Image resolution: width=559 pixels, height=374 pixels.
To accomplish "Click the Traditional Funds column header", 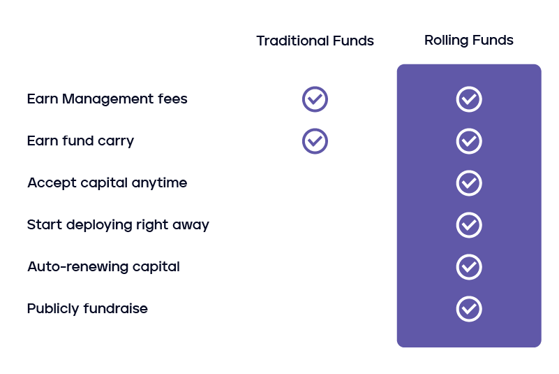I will pyautogui.click(x=315, y=41).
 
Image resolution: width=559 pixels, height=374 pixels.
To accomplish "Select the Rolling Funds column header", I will pyautogui.click(x=468, y=40).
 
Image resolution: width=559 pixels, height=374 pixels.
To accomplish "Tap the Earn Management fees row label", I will pyautogui.click(x=107, y=99).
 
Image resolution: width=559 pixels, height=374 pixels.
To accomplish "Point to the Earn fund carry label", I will pyautogui.click(x=80, y=141).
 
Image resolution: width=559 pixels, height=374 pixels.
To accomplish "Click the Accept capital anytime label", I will pyautogui.click(x=107, y=182).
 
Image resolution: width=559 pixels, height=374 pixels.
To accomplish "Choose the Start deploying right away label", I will pyautogui.click(x=118, y=224).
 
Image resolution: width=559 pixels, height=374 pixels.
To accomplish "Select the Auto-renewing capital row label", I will pyautogui.click(x=103, y=266).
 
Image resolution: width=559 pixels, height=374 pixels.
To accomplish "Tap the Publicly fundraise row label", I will pyautogui.click(x=87, y=308).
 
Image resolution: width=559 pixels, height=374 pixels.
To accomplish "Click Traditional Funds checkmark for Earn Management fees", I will pyautogui.click(x=315, y=99).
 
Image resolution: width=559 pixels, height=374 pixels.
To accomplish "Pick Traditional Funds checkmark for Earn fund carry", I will pyautogui.click(x=315, y=141).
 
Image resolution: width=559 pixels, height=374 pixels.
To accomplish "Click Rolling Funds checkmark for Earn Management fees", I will pyautogui.click(x=469, y=99).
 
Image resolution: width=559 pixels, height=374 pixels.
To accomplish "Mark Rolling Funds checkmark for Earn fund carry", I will pyautogui.click(x=469, y=141).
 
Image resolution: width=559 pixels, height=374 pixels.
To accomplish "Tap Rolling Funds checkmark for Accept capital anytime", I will pyautogui.click(x=469, y=183).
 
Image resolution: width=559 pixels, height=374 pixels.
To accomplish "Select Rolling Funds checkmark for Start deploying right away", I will pyautogui.click(x=469, y=225).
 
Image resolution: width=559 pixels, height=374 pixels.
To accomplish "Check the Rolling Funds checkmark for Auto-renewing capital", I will pyautogui.click(x=469, y=267).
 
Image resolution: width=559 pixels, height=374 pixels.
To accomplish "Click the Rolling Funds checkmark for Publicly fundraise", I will pyautogui.click(x=469, y=309).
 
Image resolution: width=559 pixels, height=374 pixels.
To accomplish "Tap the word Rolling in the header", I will pyautogui.click(x=445, y=40).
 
